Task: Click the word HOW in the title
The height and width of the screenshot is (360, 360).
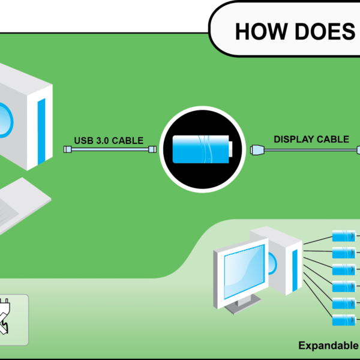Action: pyautogui.click(x=262, y=31)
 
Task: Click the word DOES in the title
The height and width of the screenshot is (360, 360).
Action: pyautogui.click(x=325, y=31)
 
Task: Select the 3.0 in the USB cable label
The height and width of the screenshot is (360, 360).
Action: pyautogui.click(x=103, y=140)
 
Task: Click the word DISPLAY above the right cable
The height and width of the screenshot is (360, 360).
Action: pyautogui.click(x=293, y=139)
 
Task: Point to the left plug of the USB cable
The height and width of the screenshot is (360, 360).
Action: pyautogui.click(x=67, y=149)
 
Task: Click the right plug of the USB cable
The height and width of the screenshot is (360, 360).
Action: pyautogui.click(x=152, y=149)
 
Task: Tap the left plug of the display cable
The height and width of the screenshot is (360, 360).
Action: pyautogui.click(x=257, y=150)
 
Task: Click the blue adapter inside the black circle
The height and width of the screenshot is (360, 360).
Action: pyautogui.click(x=202, y=149)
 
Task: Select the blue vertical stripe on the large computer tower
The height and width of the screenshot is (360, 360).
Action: pyautogui.click(x=41, y=131)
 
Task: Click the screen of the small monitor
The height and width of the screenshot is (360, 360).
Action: pyautogui.click(x=244, y=271)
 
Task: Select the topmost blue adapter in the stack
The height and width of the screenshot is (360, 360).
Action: pyautogui.click(x=344, y=236)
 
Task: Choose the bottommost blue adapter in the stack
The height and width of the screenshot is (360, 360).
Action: pyautogui.click(x=344, y=320)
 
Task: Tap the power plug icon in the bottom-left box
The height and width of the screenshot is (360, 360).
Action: pyautogui.click(x=5, y=316)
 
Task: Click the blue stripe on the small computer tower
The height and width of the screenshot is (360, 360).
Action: pyautogui.click(x=295, y=271)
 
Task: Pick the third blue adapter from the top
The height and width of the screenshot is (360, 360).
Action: pyautogui.click(x=344, y=269)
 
